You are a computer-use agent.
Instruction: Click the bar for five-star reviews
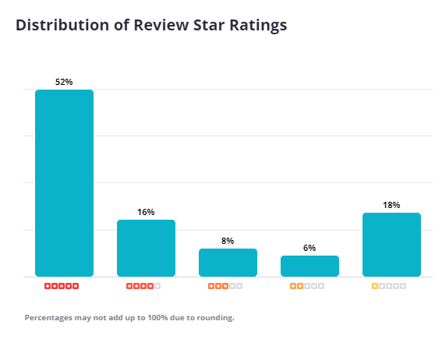[x=64, y=183]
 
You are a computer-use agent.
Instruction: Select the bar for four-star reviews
[x=146, y=248]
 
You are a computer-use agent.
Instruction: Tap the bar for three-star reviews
[x=228, y=263]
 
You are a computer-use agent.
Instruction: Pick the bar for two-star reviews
[x=309, y=266]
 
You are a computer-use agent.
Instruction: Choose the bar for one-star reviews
[x=391, y=245]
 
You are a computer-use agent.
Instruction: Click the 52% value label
[x=64, y=82]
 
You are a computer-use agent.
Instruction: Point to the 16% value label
[x=146, y=212]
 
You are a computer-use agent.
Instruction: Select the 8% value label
[x=228, y=241]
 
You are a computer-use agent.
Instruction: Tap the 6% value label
[x=309, y=248]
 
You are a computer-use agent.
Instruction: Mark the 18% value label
[x=391, y=205]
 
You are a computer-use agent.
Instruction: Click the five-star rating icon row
[x=62, y=286]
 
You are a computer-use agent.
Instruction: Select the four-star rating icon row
[x=143, y=286]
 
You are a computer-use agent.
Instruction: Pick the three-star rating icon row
[x=225, y=286]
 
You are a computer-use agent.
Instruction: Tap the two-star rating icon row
[x=307, y=286]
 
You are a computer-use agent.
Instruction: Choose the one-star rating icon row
[x=389, y=286]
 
